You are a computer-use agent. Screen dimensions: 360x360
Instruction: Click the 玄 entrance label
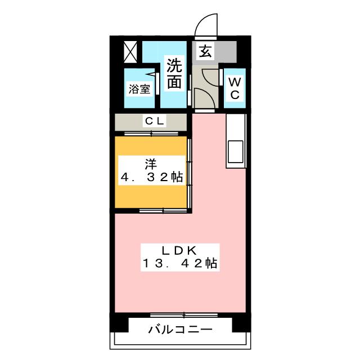pos(205,52)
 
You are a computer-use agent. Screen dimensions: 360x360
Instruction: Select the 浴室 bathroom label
pos(139,89)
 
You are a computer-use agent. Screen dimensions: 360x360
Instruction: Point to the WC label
pos(235,88)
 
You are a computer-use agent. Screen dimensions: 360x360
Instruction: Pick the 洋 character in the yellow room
pos(151,164)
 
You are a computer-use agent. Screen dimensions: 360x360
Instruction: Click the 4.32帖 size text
pos(151,178)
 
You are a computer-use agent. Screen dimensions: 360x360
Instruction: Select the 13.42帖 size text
pos(180,263)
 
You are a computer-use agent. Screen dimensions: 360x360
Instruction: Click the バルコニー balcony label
pos(180,329)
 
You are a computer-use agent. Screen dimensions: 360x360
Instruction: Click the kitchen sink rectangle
pos(235,152)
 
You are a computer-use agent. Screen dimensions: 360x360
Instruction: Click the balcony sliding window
pos(180,314)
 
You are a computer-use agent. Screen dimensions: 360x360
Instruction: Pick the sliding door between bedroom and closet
pos(152,133)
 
